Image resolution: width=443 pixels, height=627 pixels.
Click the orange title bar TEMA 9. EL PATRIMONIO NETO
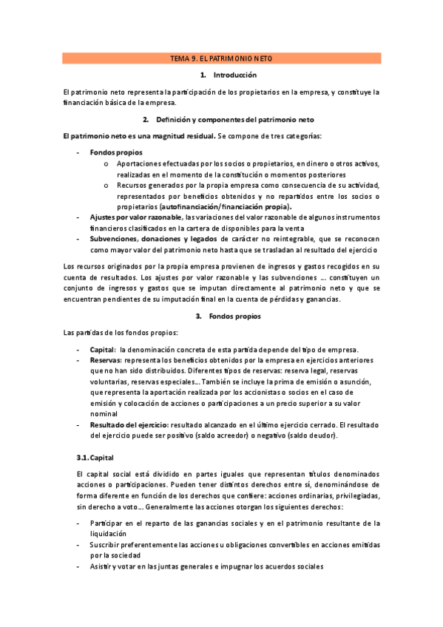coord(221,58)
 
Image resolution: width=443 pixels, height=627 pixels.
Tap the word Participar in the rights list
coord(108,523)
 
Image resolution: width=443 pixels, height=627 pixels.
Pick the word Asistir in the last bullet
coord(103,566)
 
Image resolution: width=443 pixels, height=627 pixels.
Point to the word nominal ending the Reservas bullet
coord(104,415)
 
